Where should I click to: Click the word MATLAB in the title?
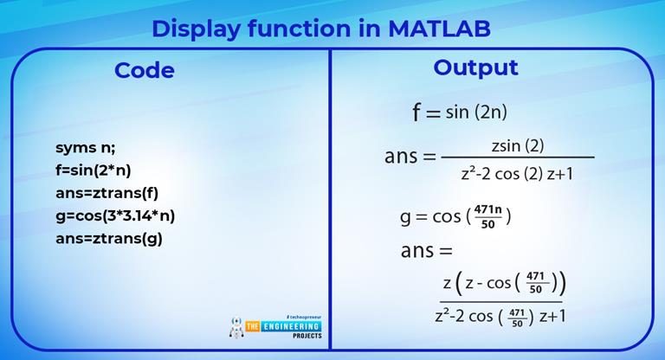(x=439, y=29)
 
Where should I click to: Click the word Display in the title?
(x=196, y=29)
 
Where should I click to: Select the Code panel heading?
(x=145, y=70)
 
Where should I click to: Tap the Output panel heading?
(x=475, y=67)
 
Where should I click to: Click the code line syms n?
(x=85, y=148)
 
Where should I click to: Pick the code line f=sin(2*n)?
(x=93, y=170)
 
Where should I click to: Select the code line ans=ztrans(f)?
(x=107, y=193)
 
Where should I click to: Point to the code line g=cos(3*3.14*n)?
(x=115, y=216)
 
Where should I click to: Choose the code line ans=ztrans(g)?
(x=108, y=239)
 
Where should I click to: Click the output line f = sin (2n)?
(x=460, y=112)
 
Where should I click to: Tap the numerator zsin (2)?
(x=518, y=146)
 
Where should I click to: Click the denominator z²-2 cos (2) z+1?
(x=517, y=173)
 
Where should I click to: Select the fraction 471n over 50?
(x=488, y=216)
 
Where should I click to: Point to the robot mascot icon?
(x=236, y=327)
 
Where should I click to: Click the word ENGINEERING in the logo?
(x=291, y=326)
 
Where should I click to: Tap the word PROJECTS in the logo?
(x=307, y=336)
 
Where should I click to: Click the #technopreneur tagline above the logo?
(x=304, y=317)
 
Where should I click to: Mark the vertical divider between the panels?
(x=330, y=199)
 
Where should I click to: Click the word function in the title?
(x=299, y=29)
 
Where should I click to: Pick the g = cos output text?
(x=430, y=217)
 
